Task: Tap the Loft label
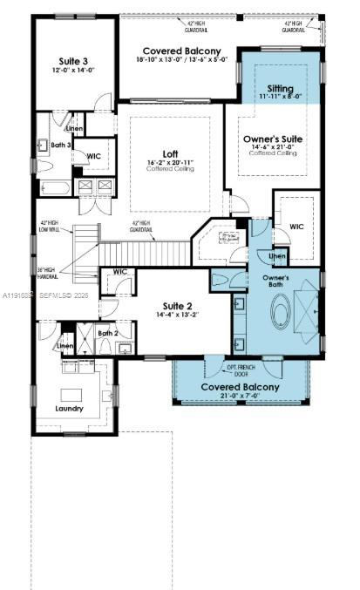(170, 154)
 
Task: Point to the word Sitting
(280, 89)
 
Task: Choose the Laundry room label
(69, 408)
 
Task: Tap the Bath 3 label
(59, 145)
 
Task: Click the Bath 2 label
(106, 333)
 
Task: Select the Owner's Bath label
(276, 281)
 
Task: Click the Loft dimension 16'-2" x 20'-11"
(170, 163)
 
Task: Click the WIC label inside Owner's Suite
(296, 227)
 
